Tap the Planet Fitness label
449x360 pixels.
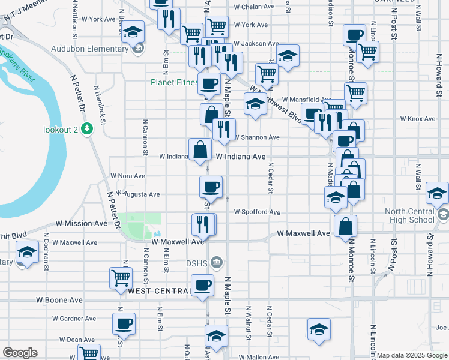(x=174, y=83)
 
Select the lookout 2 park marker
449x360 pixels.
(x=88, y=128)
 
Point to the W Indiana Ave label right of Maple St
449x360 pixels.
(x=240, y=156)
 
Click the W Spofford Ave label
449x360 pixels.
(x=257, y=212)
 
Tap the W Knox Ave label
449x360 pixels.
(x=421, y=119)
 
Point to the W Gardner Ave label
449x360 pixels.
(x=74, y=319)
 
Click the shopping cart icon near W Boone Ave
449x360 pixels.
(x=121, y=278)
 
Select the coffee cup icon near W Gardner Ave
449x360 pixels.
(x=124, y=323)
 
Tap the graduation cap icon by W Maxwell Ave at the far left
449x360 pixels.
(x=27, y=253)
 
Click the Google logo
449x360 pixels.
(x=20, y=353)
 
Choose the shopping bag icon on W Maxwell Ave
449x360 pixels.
(x=346, y=226)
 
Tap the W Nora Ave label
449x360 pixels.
(x=128, y=176)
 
